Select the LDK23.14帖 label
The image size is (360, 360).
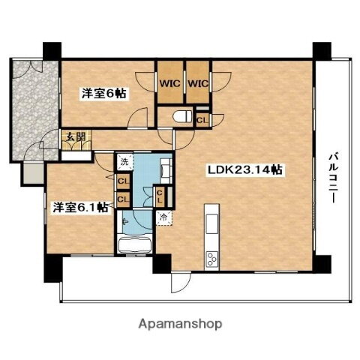coord(244,169)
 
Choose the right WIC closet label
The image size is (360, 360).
coord(198,85)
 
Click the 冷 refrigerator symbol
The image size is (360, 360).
coord(164,217)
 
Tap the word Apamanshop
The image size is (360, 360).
coord(180,324)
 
